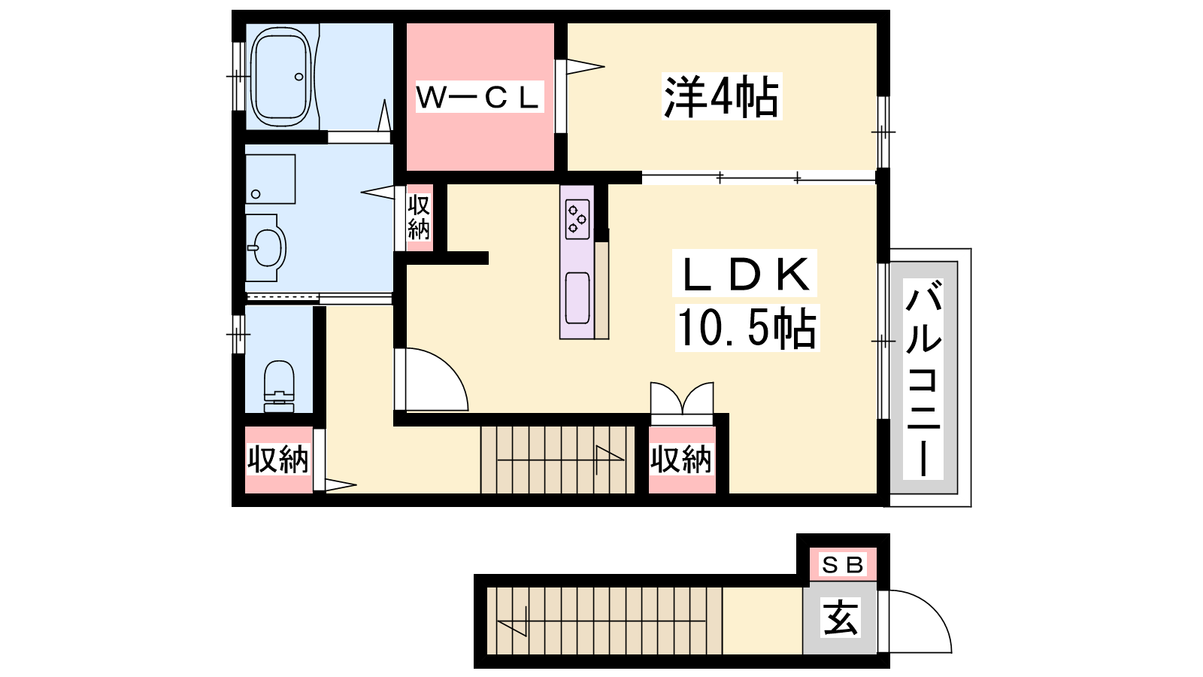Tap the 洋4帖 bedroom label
[x=721, y=97]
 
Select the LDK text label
[x=745, y=274]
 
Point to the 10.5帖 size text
[x=747, y=327]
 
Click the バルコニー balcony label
[x=923, y=378]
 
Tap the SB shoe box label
[x=842, y=565]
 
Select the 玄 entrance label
[x=841, y=618]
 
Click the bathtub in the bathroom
[x=281, y=77]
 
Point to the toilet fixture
[x=279, y=386]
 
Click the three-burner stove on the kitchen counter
[x=577, y=219]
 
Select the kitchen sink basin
[x=577, y=298]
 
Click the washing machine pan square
[x=270, y=179]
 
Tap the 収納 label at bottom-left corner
[x=277, y=460]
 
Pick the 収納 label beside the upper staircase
[x=681, y=460]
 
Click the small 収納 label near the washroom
[x=419, y=217]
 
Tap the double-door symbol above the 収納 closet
[x=682, y=398]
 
